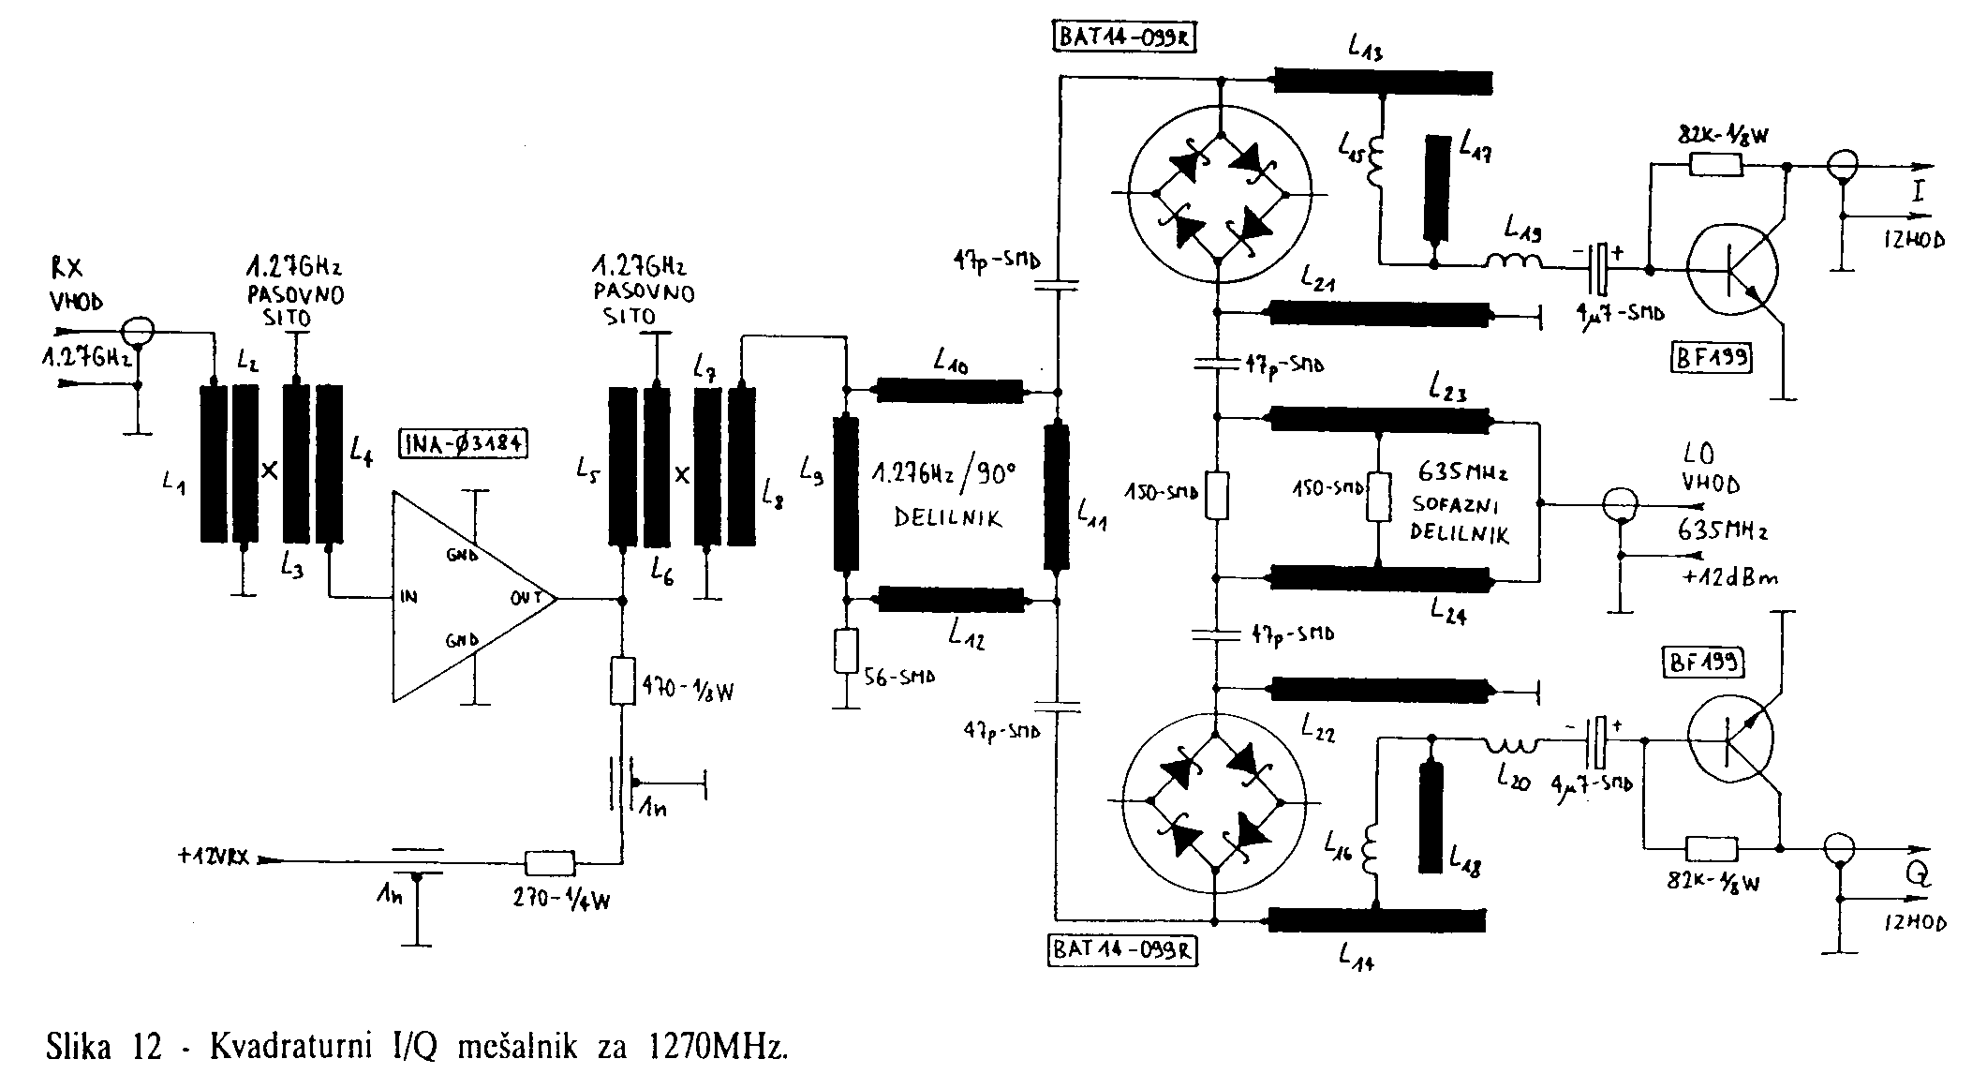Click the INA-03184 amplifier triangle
[464, 597]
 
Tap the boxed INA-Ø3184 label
[463, 442]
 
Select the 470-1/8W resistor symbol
[622, 681]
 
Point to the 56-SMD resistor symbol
[846, 651]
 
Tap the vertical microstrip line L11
[1057, 497]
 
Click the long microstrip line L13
[1383, 82]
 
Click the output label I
[1917, 192]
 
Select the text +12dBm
[1728, 578]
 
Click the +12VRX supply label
[213, 858]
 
